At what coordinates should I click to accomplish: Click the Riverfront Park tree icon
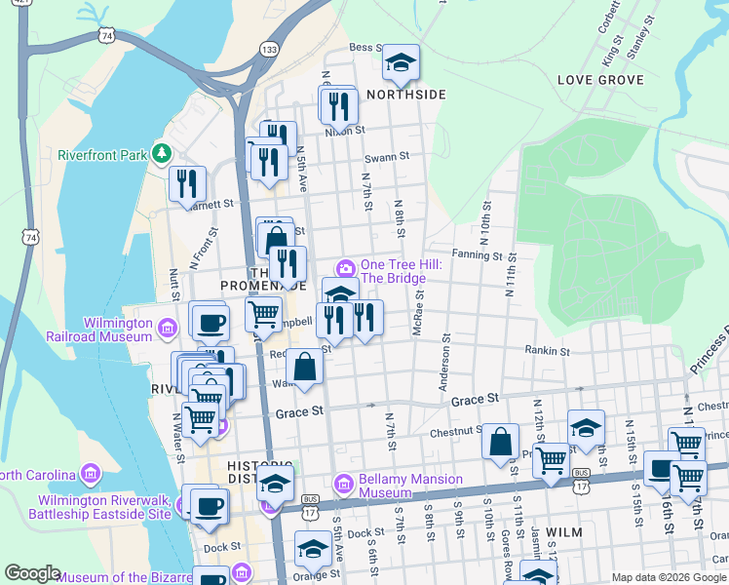point(165,154)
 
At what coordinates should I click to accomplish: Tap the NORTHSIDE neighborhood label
point(406,95)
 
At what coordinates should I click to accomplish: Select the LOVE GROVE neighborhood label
point(599,79)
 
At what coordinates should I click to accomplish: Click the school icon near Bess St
point(400,63)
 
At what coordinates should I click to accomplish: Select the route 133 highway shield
point(270,49)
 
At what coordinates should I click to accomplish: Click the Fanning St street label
point(476,256)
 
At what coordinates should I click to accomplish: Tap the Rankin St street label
point(546,350)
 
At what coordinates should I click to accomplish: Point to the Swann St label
point(386,156)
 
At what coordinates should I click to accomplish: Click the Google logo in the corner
point(33,573)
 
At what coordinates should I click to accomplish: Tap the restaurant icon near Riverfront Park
point(187,184)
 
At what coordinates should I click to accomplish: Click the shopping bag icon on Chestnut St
point(500,441)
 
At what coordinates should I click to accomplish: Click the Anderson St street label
point(446,366)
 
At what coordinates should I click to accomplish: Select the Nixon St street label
point(345,129)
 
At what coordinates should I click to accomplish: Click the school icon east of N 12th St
point(586,429)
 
